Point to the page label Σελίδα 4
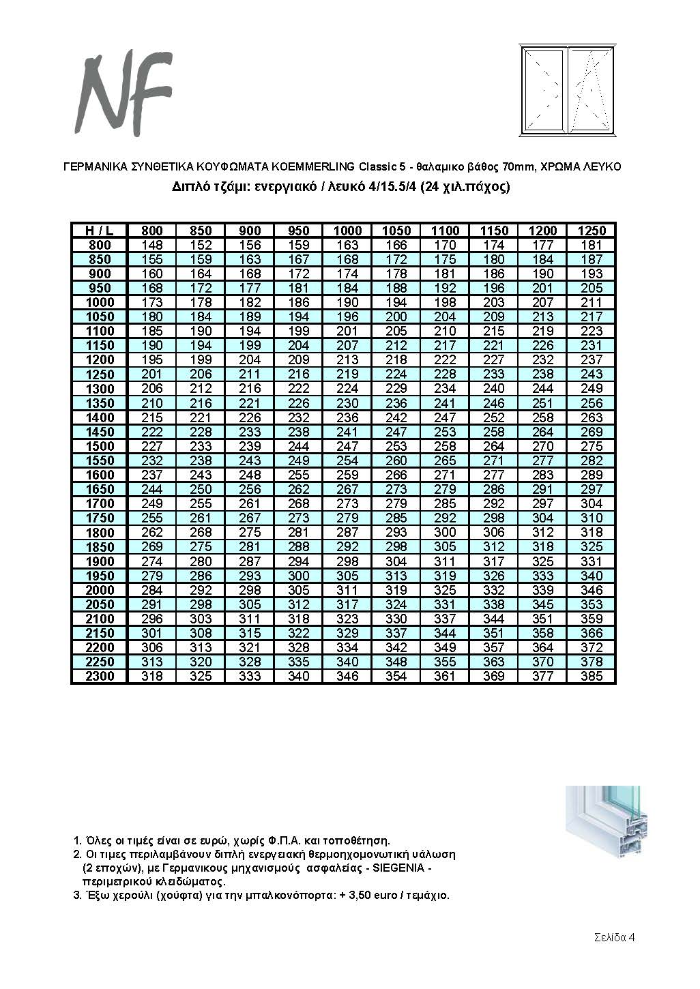[614, 937]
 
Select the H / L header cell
[100, 231]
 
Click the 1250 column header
[591, 231]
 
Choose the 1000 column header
[347, 231]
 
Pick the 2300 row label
[100, 677]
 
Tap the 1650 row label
[100, 490]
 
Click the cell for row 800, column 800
[151, 245]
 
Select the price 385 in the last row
[591, 677]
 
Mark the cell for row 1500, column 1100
[445, 446]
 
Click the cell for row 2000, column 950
[299, 590]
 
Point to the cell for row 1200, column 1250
[591, 359]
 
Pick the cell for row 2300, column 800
[151, 677]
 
